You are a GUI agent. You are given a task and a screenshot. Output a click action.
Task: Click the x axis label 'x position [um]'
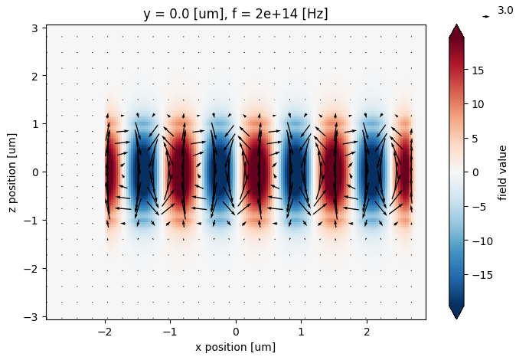236,347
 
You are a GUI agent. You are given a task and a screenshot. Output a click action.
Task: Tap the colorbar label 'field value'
503,172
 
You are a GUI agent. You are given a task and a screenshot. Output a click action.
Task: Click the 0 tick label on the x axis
236,332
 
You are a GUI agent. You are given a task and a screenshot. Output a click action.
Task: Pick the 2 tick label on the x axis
367,332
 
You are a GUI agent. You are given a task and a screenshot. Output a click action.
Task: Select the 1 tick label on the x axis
302,332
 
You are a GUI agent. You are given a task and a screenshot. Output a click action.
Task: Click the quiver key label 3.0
505,10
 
